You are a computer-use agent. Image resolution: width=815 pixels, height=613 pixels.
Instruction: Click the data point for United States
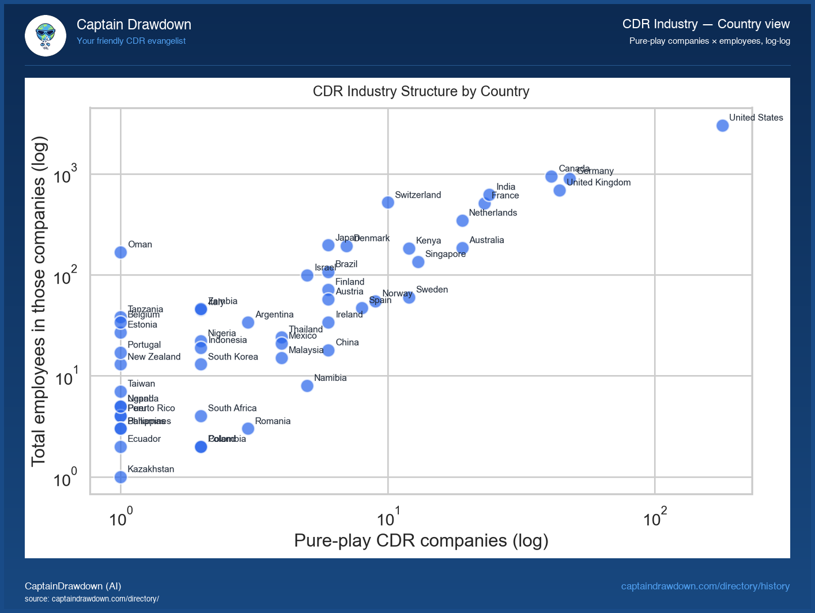(722, 126)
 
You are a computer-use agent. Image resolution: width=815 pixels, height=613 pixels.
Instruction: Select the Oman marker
(120, 252)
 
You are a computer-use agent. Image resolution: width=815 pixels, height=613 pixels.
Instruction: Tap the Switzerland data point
(388, 202)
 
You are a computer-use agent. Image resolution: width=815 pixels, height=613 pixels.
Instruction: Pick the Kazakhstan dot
(120, 477)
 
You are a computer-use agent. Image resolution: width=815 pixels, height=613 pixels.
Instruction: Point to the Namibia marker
(307, 386)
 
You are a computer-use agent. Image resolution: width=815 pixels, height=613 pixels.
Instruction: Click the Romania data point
(248, 429)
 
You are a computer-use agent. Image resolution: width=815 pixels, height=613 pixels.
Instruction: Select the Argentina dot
(248, 323)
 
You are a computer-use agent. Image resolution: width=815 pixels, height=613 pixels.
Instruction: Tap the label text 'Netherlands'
(493, 213)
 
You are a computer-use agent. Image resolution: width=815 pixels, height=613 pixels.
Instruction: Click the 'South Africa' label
(232, 408)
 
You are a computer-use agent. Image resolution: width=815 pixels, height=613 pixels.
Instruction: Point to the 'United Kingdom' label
(598, 183)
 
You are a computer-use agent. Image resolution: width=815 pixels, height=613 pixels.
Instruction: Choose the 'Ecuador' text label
(144, 439)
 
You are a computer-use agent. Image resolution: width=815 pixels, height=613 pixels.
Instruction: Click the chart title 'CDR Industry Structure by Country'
(421, 92)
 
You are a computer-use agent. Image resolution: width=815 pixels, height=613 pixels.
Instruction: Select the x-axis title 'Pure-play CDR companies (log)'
(421, 540)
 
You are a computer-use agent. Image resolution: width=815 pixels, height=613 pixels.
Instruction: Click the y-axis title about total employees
(39, 301)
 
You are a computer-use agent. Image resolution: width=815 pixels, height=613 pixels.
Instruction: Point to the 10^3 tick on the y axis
(65, 175)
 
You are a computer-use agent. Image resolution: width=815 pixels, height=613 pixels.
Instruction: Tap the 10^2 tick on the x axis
(655, 518)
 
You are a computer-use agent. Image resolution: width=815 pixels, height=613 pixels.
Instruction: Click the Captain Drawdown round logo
(46, 36)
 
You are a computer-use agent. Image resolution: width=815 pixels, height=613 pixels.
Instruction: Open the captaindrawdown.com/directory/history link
(705, 586)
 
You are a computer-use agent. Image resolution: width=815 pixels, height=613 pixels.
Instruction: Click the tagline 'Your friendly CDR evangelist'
(131, 41)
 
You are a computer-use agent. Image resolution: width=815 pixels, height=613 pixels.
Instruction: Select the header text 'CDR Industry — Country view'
(705, 24)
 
